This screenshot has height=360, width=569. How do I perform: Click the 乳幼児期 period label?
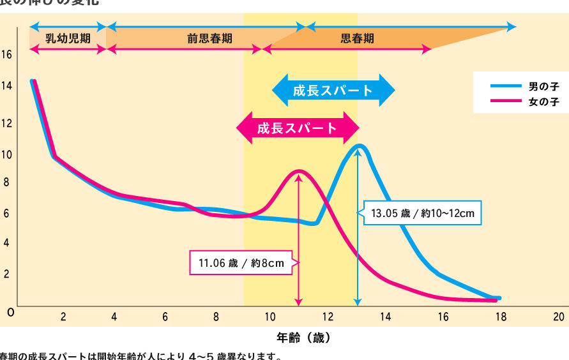68,38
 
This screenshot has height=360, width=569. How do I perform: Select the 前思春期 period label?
209,38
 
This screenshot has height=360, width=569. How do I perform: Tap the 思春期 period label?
357,38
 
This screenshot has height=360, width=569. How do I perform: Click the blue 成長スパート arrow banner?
333,90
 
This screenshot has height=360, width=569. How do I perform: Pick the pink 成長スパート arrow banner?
297,128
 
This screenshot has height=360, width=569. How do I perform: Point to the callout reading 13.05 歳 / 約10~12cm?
422,213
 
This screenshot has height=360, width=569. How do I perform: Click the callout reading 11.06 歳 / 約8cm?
241,263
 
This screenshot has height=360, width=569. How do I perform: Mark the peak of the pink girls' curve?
298,171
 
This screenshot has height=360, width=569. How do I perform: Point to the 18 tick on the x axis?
500,317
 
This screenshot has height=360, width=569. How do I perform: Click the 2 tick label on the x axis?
63,317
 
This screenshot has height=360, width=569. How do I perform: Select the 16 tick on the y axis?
6,55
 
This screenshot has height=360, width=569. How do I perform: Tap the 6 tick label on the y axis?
6,214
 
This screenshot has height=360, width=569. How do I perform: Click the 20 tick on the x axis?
558,317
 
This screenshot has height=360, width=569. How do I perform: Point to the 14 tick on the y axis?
6,85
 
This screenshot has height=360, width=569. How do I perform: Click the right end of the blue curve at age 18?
498,298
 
